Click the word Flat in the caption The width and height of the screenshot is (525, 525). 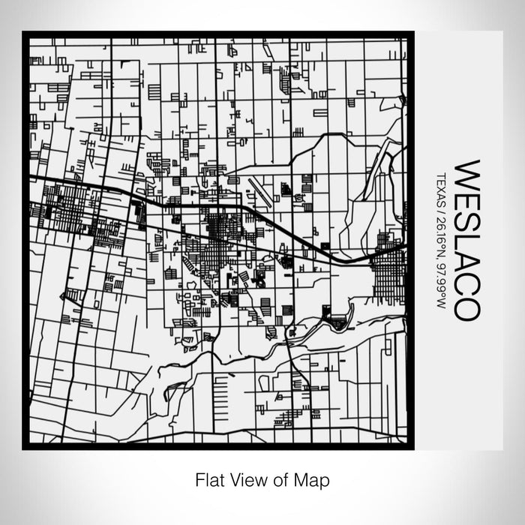pyautogui.click(x=208, y=478)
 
